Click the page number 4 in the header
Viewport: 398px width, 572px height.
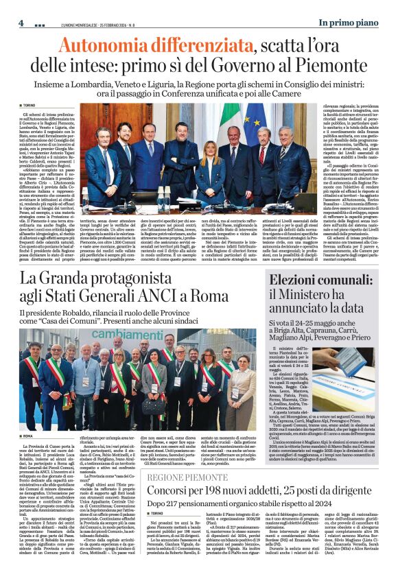coord(21,23)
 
